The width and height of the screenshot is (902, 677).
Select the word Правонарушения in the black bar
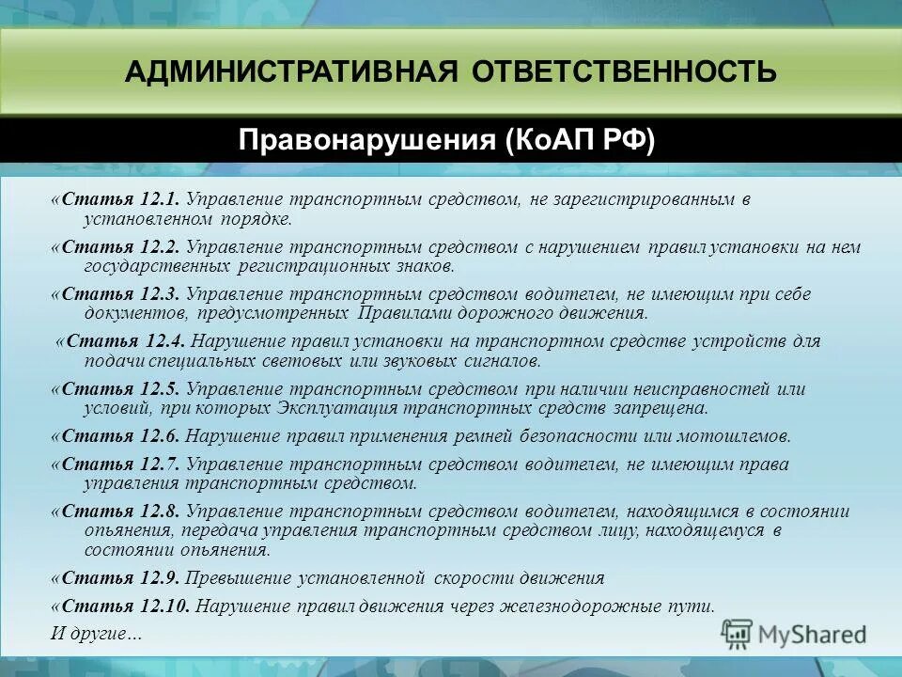366,141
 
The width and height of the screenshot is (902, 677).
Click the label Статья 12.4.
126,341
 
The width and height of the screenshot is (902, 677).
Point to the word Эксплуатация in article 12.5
338,409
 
